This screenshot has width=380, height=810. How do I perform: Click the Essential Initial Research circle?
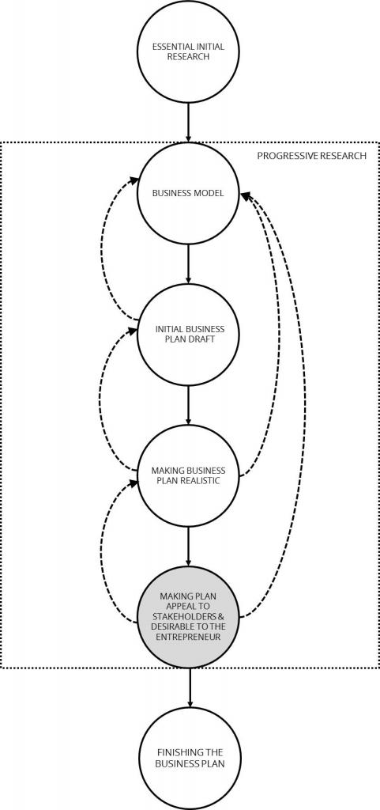[188, 51]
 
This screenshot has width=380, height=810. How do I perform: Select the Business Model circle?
[188, 194]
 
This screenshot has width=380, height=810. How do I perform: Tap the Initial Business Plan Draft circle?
[188, 335]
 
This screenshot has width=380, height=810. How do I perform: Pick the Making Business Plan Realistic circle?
[188, 475]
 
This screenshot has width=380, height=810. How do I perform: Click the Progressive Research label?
[312, 155]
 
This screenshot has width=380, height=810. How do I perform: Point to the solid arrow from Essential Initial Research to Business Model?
[188, 123]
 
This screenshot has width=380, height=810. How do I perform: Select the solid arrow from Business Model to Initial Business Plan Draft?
[188, 264]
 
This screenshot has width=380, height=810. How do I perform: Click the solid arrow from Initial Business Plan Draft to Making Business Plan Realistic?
[188, 406]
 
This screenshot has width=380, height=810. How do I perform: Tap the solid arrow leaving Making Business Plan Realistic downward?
[188, 547]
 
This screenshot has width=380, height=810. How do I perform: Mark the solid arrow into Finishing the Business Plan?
[190, 688]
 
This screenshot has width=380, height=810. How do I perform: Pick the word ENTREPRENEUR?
[189, 637]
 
